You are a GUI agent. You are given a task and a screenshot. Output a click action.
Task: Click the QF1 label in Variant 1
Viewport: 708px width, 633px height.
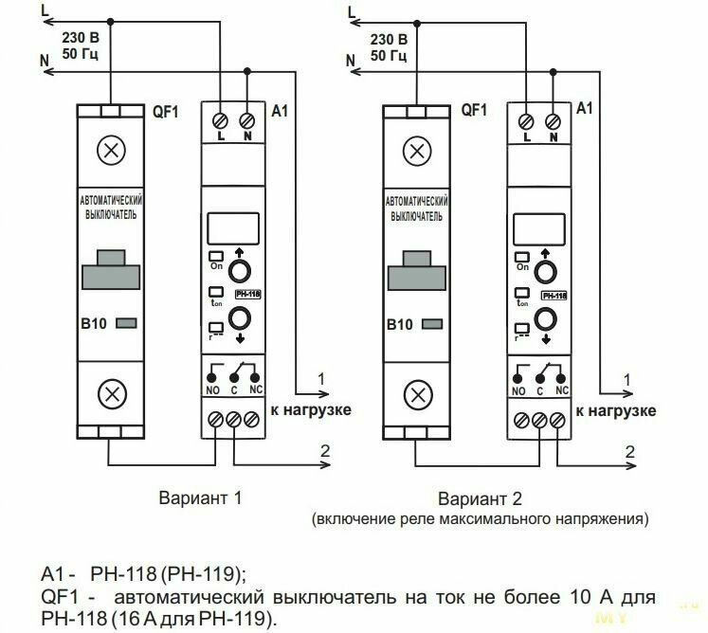pyautogui.click(x=167, y=110)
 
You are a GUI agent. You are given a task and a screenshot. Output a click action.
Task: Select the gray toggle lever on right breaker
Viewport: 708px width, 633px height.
pyautogui.click(x=414, y=269)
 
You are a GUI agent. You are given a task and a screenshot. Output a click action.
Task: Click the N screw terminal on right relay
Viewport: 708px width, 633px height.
pyautogui.click(x=553, y=121)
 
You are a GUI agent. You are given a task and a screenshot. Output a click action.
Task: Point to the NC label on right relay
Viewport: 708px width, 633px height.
pyautogui.click(x=561, y=390)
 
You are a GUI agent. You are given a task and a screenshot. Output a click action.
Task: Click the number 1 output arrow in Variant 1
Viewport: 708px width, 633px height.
pyautogui.click(x=318, y=391)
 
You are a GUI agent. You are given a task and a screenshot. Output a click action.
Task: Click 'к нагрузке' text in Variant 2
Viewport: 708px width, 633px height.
pyautogui.click(x=616, y=410)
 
